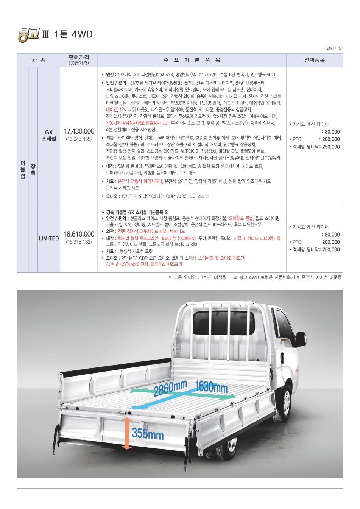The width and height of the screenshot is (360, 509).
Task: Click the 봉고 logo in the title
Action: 28,34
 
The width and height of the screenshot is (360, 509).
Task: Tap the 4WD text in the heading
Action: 82,34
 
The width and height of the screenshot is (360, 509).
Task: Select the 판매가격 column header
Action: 79,58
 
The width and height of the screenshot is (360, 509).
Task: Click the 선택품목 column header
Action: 314,60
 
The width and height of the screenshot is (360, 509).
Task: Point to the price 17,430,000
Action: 79,131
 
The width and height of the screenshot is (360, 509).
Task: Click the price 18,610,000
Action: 79,234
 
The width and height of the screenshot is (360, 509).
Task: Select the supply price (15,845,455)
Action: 79,139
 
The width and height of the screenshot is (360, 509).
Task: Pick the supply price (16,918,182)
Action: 79,241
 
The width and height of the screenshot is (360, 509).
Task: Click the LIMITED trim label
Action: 48,238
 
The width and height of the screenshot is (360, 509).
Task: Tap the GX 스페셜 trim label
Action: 48,135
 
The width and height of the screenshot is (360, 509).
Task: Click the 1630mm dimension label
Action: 212,387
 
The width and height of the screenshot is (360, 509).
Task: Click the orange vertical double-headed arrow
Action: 127,433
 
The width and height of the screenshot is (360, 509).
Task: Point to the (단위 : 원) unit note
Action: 334,48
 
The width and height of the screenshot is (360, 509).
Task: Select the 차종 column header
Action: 38,60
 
